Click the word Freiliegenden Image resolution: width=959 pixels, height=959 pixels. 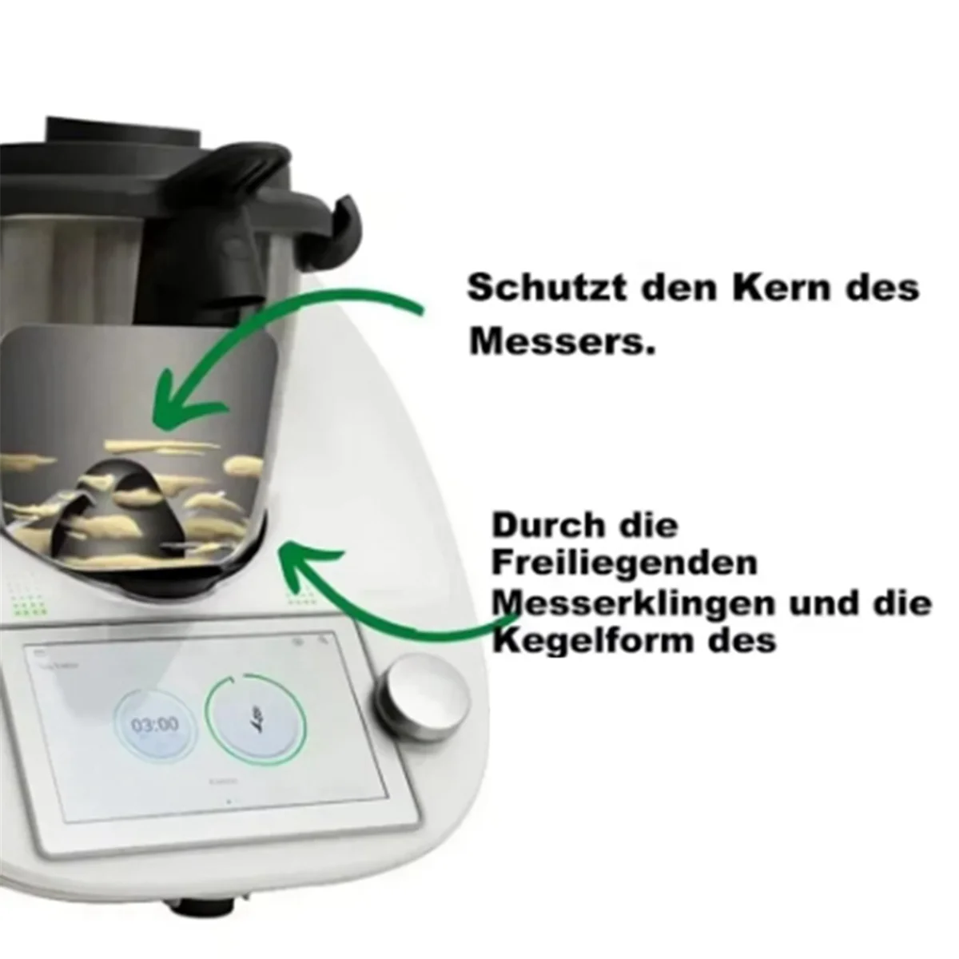tap(624, 563)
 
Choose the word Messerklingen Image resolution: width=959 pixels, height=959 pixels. tap(633, 603)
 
